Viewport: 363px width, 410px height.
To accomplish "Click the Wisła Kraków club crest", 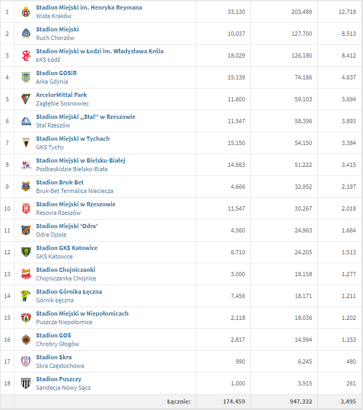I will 26,12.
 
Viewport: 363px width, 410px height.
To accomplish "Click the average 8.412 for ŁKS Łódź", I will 344,55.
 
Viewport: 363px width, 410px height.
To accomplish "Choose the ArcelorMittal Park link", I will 61,95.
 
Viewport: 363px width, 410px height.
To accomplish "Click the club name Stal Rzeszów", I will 53,125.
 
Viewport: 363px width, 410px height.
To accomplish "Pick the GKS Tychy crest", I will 26,143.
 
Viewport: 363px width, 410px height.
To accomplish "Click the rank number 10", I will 7,208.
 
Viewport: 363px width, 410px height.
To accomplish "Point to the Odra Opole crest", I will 26,230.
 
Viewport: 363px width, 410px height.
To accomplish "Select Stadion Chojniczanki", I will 66,270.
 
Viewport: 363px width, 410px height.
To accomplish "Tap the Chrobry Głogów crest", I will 26,340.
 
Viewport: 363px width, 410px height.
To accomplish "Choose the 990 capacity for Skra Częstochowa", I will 240,361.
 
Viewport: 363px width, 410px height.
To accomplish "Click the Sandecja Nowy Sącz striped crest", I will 26,383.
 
